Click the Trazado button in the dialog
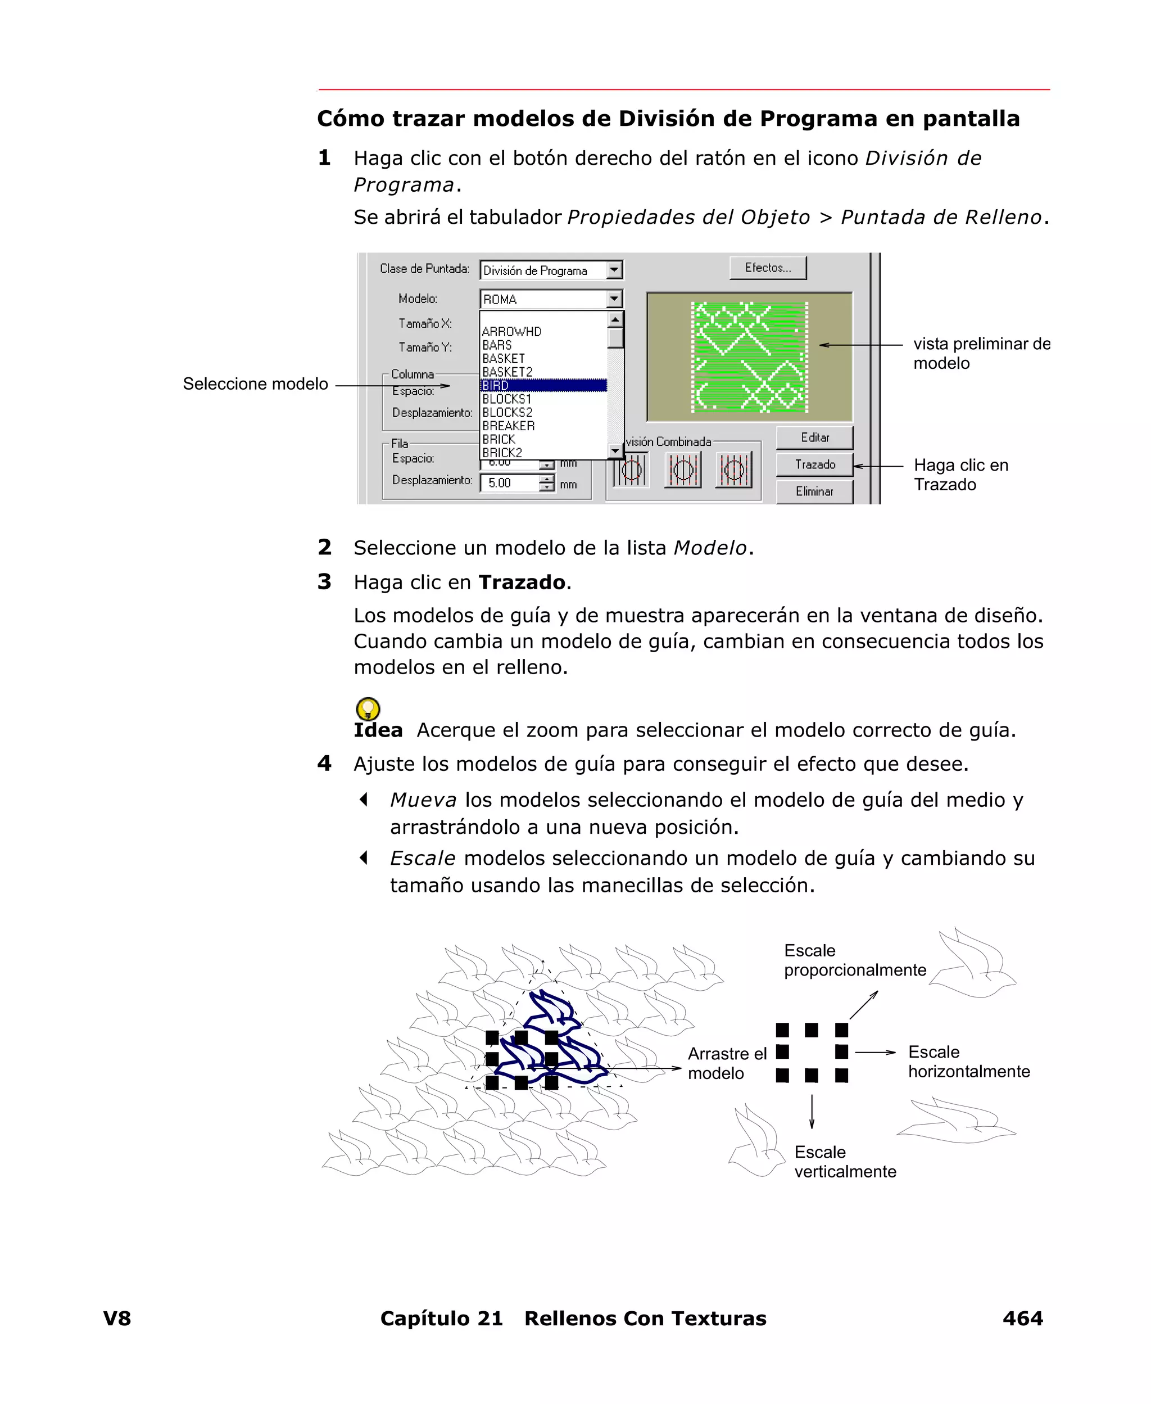tap(814, 464)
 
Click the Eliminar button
tap(814, 491)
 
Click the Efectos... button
tap(768, 268)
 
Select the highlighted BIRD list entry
tap(543, 385)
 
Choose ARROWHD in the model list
tap(512, 332)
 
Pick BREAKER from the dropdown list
tap(509, 426)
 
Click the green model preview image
tap(749, 357)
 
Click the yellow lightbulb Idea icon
tap(368, 708)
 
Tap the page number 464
tap(1022, 1318)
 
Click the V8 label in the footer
tap(117, 1318)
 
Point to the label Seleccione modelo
tap(255, 384)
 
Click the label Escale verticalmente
tap(845, 1161)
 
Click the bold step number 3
tap(324, 581)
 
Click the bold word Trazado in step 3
tap(522, 583)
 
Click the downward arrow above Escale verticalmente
tap(812, 1112)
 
